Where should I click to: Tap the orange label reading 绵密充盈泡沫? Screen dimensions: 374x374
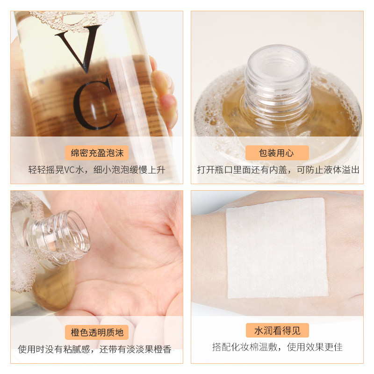(97, 153)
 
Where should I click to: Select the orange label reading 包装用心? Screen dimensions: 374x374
(277, 153)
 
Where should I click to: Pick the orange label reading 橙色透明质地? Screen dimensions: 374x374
(97, 332)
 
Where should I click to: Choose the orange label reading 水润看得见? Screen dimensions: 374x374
(277, 331)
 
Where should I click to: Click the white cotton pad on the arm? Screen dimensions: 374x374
(277, 248)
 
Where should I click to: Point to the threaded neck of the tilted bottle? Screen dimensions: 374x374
(60, 236)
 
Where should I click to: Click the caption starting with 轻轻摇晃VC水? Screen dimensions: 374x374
(97, 170)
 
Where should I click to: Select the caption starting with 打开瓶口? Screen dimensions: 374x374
(278, 170)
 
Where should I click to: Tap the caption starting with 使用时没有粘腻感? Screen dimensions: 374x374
(95, 349)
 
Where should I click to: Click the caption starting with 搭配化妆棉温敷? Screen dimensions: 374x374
(277, 347)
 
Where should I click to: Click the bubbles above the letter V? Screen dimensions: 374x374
(72, 20)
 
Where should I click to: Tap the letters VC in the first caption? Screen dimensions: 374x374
(70, 170)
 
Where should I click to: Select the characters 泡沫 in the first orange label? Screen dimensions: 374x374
(115, 153)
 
